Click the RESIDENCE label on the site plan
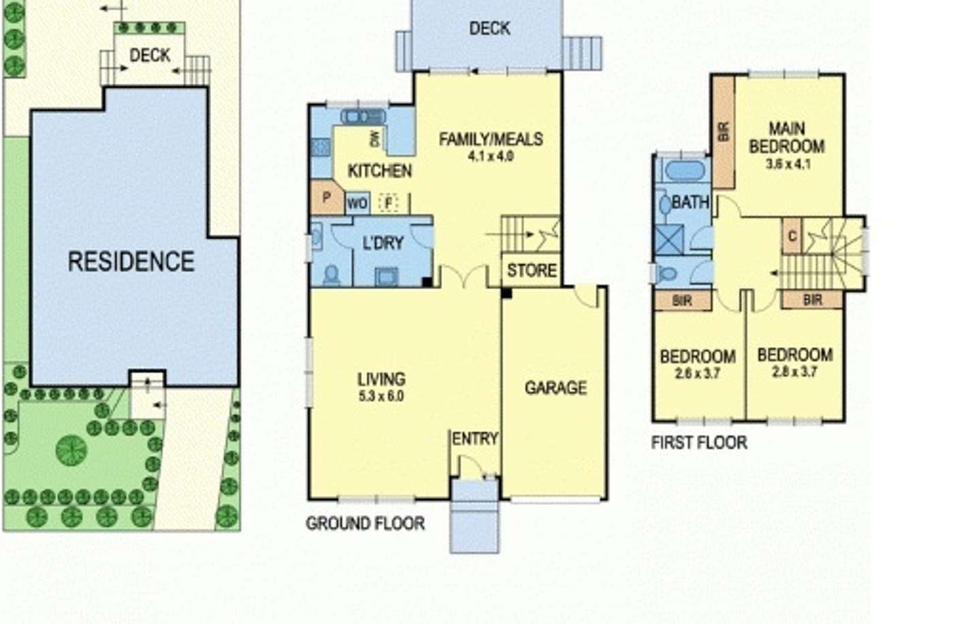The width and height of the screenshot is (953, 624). point(131,261)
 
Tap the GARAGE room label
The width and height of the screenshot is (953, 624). point(555,388)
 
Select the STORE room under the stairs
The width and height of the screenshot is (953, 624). point(532,270)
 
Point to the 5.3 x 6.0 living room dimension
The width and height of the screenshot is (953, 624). point(381,395)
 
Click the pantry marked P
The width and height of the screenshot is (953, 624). point(327,198)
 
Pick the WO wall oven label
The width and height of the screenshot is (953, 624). point(357,203)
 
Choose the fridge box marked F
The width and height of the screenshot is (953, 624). point(389,203)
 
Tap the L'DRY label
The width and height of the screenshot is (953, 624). point(383,243)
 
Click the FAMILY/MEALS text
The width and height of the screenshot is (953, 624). point(491,139)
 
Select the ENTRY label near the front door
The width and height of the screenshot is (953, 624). point(475,439)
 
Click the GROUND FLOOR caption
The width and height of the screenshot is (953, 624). point(365,523)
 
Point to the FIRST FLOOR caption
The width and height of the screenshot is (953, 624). point(699,443)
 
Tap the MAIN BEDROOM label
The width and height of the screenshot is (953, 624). point(787,137)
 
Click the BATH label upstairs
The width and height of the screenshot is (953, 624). point(690,202)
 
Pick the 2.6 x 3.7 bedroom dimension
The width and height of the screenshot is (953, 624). point(698,374)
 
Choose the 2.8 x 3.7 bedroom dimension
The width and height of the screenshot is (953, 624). point(794,372)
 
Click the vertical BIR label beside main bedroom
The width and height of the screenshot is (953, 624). point(724,131)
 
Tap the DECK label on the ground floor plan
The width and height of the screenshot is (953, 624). point(489,29)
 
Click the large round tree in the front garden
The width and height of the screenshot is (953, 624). point(71,450)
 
